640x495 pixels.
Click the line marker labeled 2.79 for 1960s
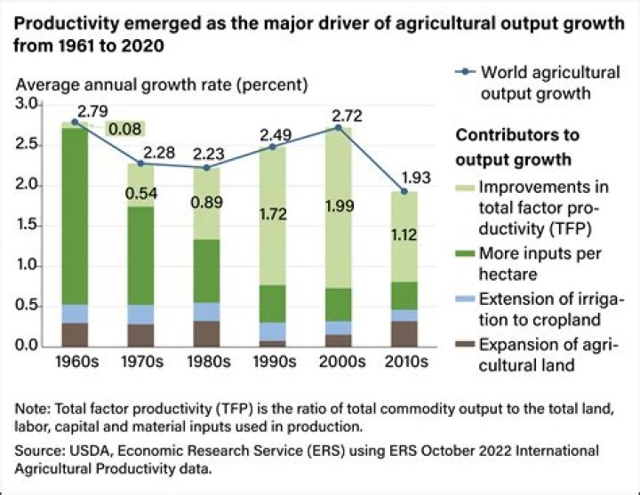point(74,122)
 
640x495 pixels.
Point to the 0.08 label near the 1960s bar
point(124,131)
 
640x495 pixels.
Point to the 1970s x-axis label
point(140,363)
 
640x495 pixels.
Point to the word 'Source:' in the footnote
point(38,451)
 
